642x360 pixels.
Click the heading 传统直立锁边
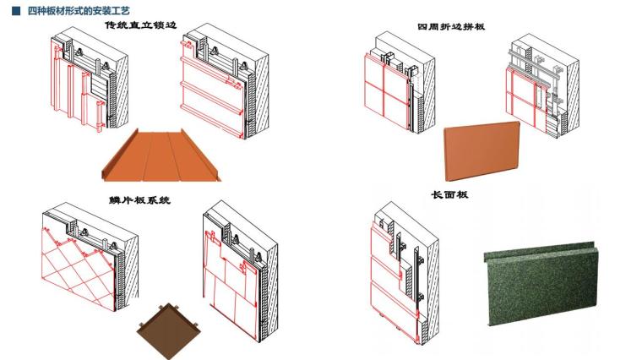[140, 25]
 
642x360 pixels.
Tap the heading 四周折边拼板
[451, 27]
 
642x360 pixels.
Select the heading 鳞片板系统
[139, 200]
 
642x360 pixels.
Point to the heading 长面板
[449, 194]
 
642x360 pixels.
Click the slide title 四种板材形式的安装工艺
[79, 11]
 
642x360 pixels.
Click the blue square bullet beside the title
[16, 11]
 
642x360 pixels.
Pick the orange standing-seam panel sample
[160, 155]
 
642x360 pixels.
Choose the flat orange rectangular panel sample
[481, 151]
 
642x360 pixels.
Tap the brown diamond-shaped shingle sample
[169, 331]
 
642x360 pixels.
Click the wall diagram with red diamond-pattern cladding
[90, 257]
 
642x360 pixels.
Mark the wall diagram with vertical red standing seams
[90, 79]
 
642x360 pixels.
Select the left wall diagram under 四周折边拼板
[400, 82]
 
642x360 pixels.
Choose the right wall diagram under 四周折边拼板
[542, 85]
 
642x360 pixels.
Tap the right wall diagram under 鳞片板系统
[241, 270]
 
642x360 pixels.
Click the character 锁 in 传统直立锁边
[157, 25]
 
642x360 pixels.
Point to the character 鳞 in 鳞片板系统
[114, 200]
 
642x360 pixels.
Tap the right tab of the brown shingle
[196, 325]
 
